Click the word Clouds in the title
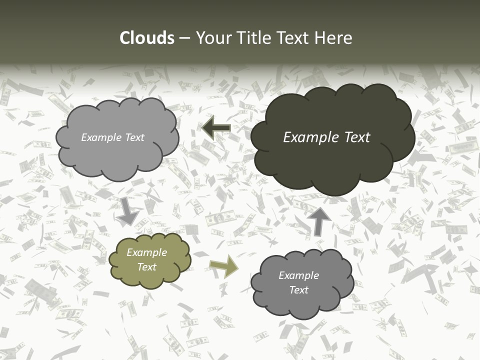pyautogui.click(x=146, y=38)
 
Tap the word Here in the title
pyautogui.click(x=334, y=38)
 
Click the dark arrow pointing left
pyautogui.click(x=216, y=128)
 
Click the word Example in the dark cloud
pyautogui.click(x=310, y=137)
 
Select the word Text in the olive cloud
pyautogui.click(x=147, y=267)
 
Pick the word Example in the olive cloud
pyautogui.click(x=147, y=252)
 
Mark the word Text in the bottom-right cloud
pyautogui.click(x=299, y=290)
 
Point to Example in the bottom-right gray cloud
pyautogui.click(x=299, y=275)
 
